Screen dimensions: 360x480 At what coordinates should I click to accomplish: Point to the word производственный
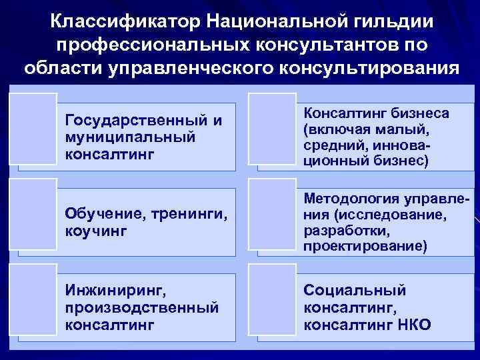click(x=142, y=307)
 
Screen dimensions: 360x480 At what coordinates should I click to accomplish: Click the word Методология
click(x=353, y=199)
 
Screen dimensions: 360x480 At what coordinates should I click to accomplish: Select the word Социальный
click(x=354, y=291)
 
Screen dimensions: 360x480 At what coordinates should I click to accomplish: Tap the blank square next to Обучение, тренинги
click(x=35, y=213)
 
